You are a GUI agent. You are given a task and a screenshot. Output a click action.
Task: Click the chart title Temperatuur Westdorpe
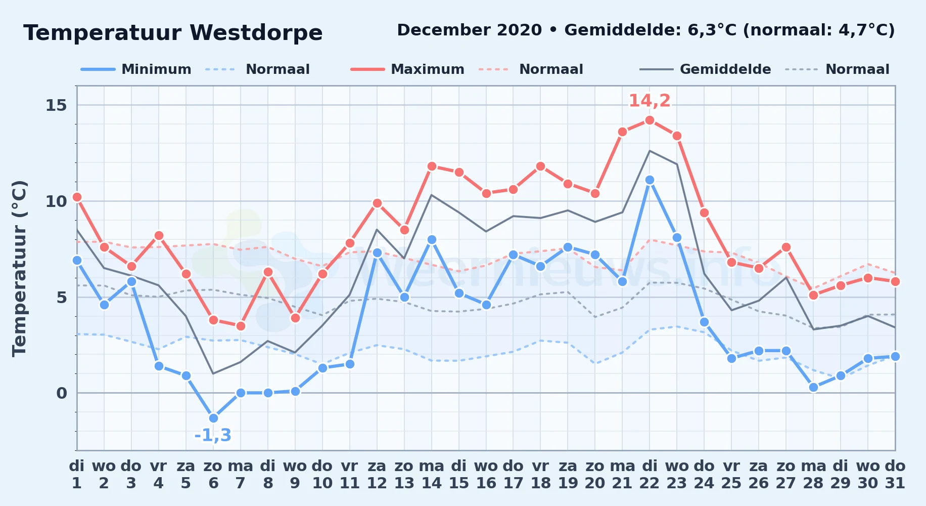pyautogui.click(x=173, y=33)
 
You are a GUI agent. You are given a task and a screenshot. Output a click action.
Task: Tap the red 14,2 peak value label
pyautogui.click(x=650, y=101)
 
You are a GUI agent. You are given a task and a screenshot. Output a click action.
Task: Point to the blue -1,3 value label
pyautogui.click(x=213, y=435)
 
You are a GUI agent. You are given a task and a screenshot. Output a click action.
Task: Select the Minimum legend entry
pyautogui.click(x=136, y=69)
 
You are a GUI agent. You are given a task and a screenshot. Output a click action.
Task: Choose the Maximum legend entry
pyautogui.click(x=407, y=69)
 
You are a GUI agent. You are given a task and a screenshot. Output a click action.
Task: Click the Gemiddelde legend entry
pyautogui.click(x=706, y=69)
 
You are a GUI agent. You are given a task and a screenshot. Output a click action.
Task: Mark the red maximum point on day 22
pyautogui.click(x=650, y=120)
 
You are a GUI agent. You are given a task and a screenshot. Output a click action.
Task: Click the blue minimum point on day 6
pyautogui.click(x=213, y=418)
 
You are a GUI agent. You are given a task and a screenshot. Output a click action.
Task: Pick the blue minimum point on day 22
pyautogui.click(x=650, y=180)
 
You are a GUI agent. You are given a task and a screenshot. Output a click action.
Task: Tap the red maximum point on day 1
pyautogui.click(x=77, y=197)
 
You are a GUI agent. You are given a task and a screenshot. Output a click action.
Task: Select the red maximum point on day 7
pyautogui.click(x=241, y=326)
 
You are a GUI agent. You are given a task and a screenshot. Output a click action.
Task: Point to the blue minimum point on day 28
pyautogui.click(x=813, y=387)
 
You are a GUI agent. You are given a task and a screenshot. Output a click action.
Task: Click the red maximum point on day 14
pyautogui.click(x=432, y=166)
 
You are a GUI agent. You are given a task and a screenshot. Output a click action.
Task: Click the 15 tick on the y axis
pyautogui.click(x=56, y=105)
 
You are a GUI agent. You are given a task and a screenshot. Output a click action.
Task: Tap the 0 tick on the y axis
pyautogui.click(x=62, y=393)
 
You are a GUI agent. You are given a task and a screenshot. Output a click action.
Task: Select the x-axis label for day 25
pyautogui.click(x=731, y=475)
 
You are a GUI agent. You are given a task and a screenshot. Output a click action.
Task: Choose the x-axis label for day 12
pyautogui.click(x=377, y=475)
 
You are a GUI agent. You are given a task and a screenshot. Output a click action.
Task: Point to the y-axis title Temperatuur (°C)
pyautogui.click(x=20, y=268)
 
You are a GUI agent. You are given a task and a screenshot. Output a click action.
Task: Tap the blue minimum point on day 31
pyautogui.click(x=895, y=356)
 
